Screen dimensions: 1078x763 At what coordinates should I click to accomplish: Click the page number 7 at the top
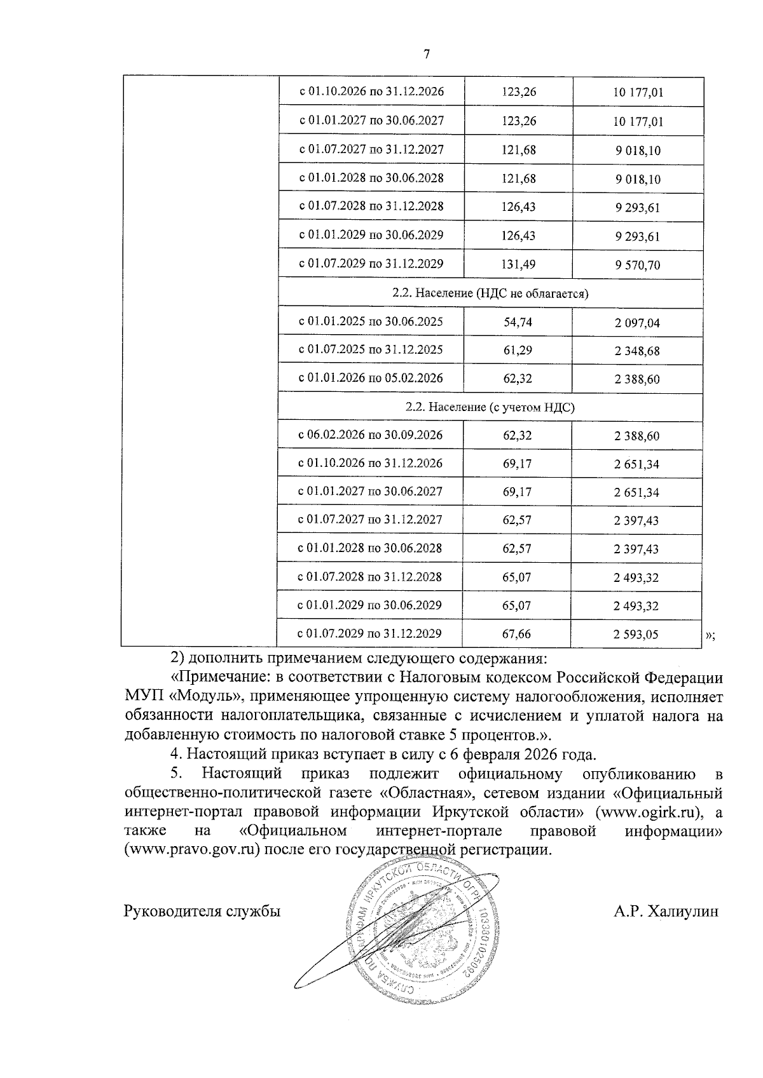[427, 55]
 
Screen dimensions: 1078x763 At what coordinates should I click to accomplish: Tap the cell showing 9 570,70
[638, 265]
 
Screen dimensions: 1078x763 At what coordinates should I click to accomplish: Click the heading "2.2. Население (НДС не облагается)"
[490, 293]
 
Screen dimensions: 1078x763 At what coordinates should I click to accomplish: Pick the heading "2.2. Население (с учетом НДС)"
[490, 407]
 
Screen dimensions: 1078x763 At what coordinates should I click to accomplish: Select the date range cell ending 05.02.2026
[371, 378]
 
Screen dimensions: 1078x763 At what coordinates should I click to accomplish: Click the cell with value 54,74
[518, 322]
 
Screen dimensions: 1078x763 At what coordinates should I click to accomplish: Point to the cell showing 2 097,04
[637, 323]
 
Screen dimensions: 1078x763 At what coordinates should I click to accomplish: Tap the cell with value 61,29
[518, 350]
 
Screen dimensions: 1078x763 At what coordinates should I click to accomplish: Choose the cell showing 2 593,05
[636, 634]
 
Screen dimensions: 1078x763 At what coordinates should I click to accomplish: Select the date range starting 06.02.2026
[371, 435]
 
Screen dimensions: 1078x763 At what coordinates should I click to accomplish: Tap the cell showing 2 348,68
[637, 351]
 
